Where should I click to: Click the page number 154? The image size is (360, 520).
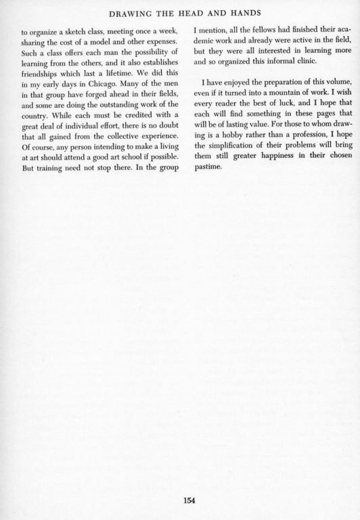coord(189,500)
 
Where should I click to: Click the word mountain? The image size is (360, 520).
coord(283,93)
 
